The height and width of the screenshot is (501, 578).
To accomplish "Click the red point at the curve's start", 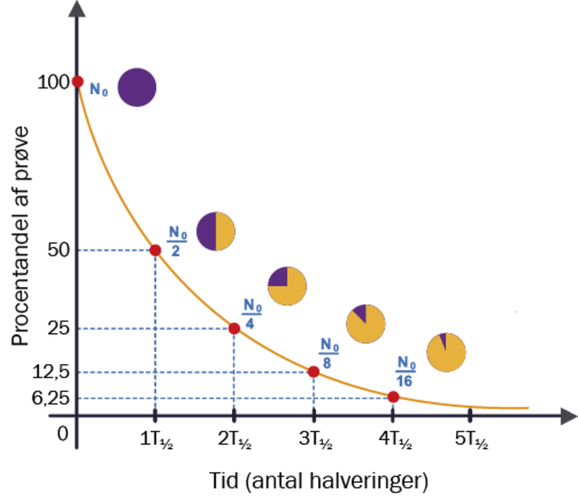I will pos(78,81).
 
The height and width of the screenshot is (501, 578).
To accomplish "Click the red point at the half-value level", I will pos(155,250).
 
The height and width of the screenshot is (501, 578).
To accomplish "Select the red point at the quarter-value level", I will pos(234,329).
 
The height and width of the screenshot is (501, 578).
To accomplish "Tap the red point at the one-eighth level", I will pos(314,372).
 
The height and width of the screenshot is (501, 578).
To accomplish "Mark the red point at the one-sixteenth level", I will pos(393,397).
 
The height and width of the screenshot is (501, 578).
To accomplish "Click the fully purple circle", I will pos(136,87).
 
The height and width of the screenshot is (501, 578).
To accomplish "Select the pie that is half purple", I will pos(215,231).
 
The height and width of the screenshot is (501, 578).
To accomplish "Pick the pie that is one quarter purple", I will pos(286,286).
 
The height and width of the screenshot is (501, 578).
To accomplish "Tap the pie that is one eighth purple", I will pos(366,324).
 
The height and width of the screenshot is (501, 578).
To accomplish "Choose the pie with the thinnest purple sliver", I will pos(446,352).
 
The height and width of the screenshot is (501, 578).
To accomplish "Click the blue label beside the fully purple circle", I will pos(98,88).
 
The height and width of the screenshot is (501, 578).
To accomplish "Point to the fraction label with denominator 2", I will pos(175,240).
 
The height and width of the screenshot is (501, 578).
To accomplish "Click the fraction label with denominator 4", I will pos(251,314).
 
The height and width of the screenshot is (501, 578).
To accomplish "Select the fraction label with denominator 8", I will pos(328,354).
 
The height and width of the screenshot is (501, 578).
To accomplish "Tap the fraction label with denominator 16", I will pos(406,372).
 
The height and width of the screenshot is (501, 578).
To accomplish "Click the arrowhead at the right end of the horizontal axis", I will pos(568,415).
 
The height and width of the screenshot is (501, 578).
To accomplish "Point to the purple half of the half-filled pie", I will pos(205,231).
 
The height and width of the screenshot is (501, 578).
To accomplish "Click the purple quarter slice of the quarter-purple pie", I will pos(278,277).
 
